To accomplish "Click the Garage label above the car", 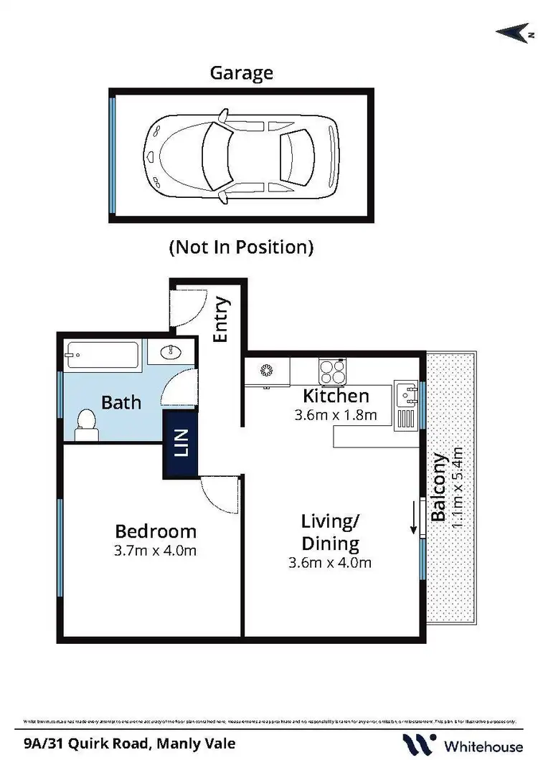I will click(241, 72).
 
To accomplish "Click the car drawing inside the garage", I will click(241, 155).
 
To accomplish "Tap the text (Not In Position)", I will click(241, 247).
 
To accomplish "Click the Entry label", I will click(222, 320).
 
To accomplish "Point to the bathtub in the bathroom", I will click(102, 355).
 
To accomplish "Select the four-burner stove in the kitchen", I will click(331, 371).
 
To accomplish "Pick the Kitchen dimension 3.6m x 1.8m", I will click(336, 414).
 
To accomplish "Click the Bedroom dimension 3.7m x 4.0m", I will click(156, 551).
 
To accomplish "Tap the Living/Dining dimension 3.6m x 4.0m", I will click(329, 563).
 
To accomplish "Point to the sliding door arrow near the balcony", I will click(414, 519).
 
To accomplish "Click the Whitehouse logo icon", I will click(419, 744).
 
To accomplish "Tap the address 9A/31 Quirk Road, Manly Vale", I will click(129, 744).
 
